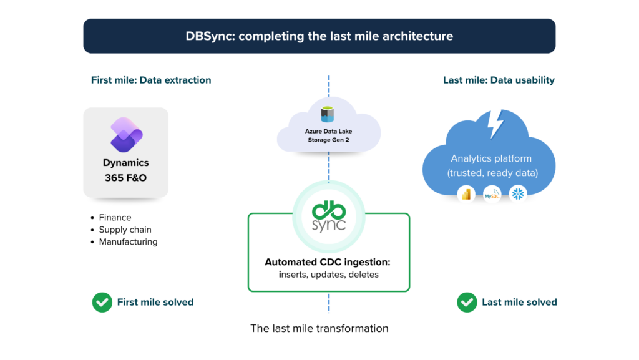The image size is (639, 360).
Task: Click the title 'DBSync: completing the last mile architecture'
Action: [319, 36]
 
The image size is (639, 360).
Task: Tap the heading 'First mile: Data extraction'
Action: [151, 80]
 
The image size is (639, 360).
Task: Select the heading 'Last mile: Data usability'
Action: [499, 80]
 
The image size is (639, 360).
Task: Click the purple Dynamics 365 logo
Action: [126, 134]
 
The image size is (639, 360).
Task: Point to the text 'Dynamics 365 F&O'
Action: [126, 170]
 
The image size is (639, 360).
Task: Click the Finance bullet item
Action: [115, 218]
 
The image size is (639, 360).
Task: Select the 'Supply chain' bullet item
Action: [125, 230]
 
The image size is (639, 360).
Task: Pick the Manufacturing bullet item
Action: [128, 241]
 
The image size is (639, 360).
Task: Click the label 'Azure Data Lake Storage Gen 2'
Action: [328, 135]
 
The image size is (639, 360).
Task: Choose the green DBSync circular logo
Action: [329, 216]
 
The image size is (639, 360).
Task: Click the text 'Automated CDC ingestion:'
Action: [328, 262]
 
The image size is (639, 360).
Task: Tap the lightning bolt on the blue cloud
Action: [495, 124]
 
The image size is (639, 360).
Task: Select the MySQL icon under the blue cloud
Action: [492, 194]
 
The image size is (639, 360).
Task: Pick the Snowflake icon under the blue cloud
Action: [517, 194]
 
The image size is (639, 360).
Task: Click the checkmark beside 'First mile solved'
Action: [102, 303]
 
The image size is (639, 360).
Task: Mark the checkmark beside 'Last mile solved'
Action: [467, 303]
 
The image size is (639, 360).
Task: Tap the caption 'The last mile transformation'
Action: [319, 328]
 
